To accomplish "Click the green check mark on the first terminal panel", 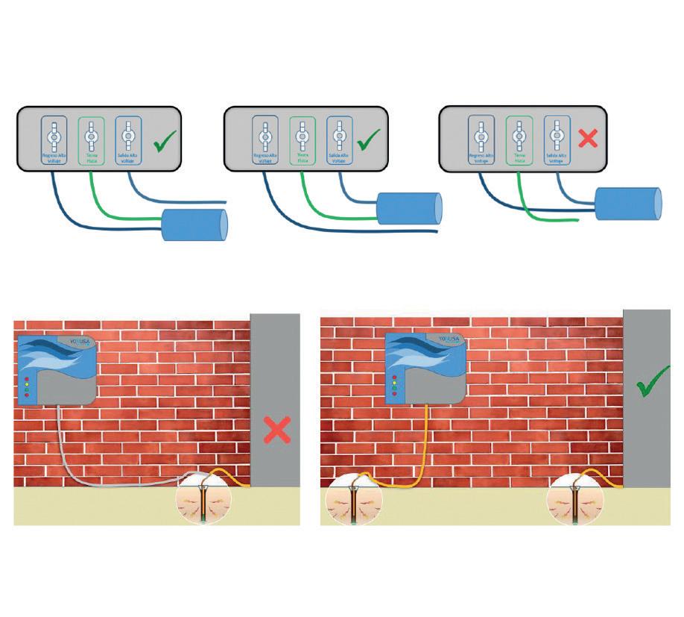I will (x=166, y=142).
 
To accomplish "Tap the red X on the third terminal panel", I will (x=589, y=138).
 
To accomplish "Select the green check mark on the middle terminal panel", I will (x=369, y=141).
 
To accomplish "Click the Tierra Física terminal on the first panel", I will (x=91, y=140).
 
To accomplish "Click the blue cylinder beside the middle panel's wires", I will (x=409, y=209).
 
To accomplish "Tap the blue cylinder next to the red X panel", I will (x=628, y=204).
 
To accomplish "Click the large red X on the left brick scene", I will (x=277, y=431).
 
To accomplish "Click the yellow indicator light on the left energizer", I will (x=28, y=385).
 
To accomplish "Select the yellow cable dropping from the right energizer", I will (x=425, y=440).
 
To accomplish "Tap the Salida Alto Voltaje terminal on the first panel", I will (x=128, y=140).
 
